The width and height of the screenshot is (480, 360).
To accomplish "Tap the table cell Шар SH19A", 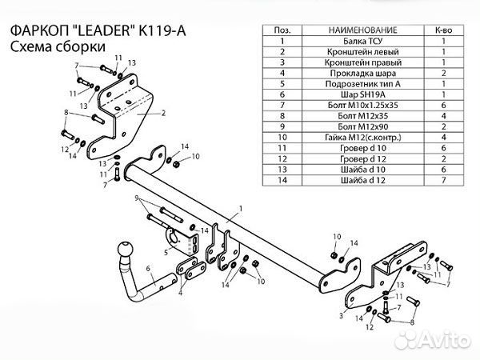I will pyautogui.click(x=362, y=93).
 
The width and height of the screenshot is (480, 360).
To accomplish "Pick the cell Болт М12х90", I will pyautogui.click(x=362, y=126).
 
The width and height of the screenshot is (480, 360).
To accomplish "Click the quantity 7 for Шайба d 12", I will pyautogui.click(x=442, y=181).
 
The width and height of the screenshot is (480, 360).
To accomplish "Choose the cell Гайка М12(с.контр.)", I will pyautogui.click(x=362, y=137).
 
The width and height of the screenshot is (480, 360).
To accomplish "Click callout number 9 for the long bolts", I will pyautogui.click(x=137, y=197).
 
